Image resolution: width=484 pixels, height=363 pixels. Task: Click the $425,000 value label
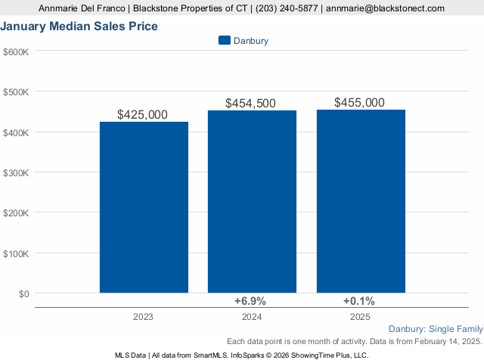(x=143, y=115)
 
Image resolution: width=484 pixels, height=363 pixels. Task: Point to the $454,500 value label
(x=251, y=104)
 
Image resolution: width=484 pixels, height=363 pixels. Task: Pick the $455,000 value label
(x=359, y=103)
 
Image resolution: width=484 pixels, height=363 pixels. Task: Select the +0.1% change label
(x=359, y=301)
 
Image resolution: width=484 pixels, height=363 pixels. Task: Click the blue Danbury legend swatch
(x=224, y=40)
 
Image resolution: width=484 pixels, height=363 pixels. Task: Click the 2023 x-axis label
(x=144, y=316)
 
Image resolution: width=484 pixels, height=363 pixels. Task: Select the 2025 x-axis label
(x=361, y=316)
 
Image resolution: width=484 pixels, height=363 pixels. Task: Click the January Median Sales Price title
(x=79, y=26)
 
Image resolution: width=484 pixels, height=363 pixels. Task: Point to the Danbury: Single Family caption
(x=434, y=329)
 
